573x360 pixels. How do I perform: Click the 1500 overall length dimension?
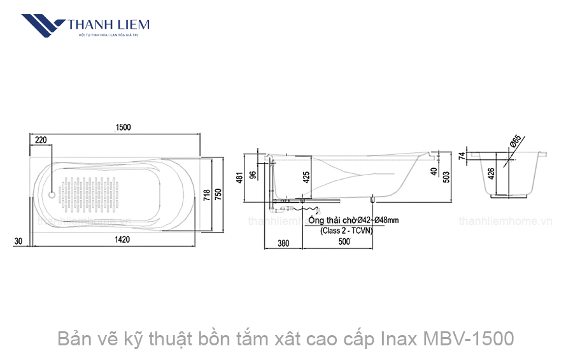click(x=123, y=127)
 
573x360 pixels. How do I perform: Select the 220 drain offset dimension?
click(x=41, y=139)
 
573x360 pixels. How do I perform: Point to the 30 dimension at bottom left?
click(x=18, y=241)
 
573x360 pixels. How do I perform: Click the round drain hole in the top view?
click(x=52, y=192)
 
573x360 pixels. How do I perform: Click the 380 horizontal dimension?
click(x=283, y=243)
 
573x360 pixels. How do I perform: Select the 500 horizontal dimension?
click(x=344, y=243)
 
